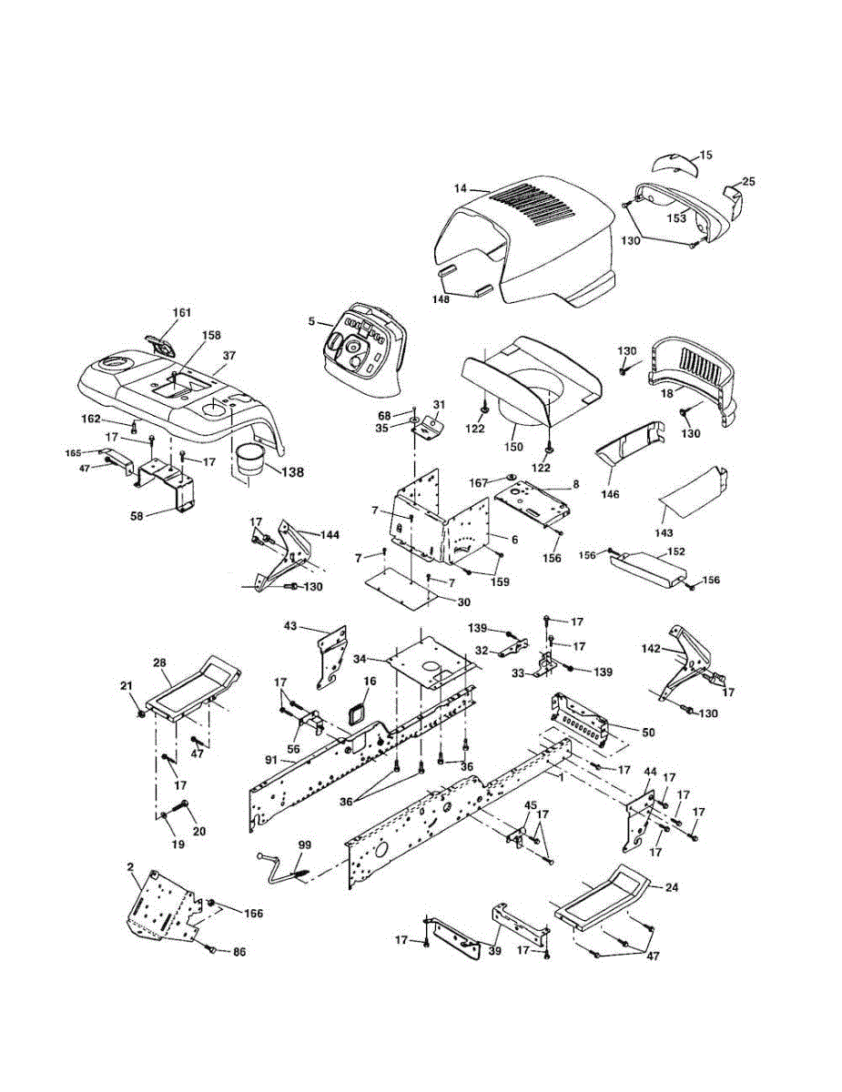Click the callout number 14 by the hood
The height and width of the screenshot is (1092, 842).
click(461, 188)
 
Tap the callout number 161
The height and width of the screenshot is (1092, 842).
click(182, 313)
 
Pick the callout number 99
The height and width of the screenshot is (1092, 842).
click(304, 845)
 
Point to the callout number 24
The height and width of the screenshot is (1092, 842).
click(672, 886)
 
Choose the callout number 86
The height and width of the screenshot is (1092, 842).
click(239, 952)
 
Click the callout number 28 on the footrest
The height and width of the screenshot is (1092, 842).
click(160, 664)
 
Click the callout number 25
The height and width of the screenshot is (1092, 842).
click(748, 182)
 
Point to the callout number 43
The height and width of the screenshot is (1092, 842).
click(291, 626)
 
